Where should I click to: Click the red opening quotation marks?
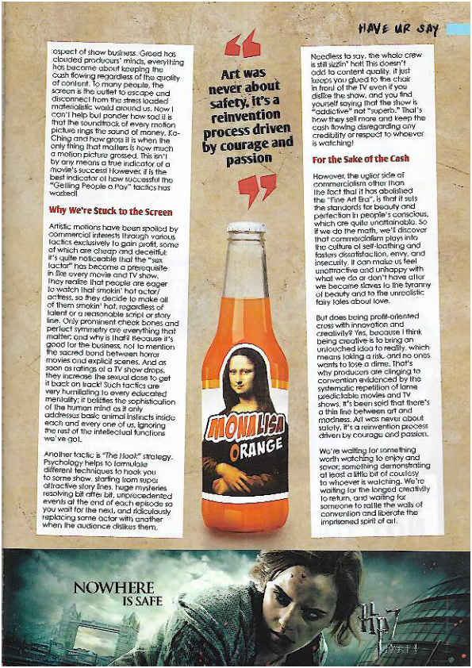point(243,46)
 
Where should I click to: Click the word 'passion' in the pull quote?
point(242,159)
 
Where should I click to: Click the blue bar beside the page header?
point(459,29)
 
